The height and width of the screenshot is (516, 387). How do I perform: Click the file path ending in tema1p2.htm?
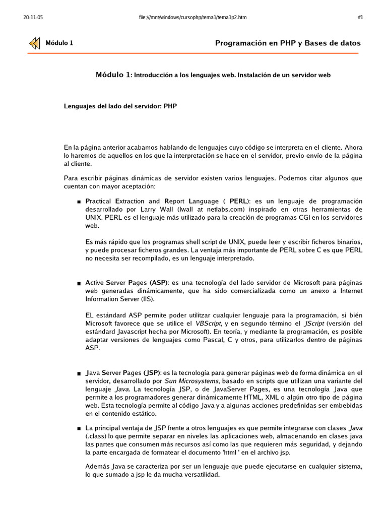pyautogui.click(x=192, y=17)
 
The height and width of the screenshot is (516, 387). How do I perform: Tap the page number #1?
pyautogui.click(x=360, y=17)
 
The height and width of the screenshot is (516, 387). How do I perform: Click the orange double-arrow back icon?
pyautogui.click(x=34, y=43)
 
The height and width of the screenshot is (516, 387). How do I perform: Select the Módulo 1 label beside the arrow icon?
pyautogui.click(x=59, y=43)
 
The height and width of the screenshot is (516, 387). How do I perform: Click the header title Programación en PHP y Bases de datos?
pyautogui.click(x=288, y=43)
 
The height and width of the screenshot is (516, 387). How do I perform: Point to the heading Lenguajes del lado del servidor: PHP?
pyautogui.click(x=120, y=106)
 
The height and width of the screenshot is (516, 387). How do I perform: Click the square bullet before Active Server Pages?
pyautogui.click(x=79, y=283)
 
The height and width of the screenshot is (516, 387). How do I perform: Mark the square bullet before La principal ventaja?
pyautogui.click(x=79, y=428)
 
